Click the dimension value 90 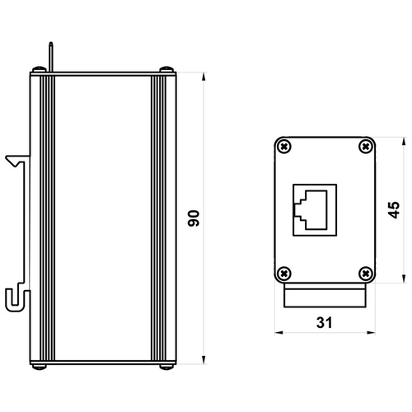194,218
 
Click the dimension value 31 325,322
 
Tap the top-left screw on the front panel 284,147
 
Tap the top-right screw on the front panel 366,147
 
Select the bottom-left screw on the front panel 284,274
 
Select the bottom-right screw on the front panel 366,274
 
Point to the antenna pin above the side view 51,57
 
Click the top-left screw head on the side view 39,69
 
